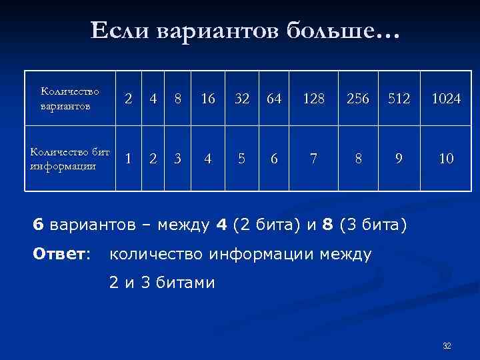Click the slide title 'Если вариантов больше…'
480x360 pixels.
click(x=243, y=30)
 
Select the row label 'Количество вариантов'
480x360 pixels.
click(x=69, y=98)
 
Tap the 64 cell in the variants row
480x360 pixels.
click(x=274, y=99)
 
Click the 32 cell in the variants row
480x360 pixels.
click(x=243, y=99)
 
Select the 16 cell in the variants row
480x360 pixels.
click(x=208, y=99)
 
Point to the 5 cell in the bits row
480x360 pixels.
click(x=243, y=159)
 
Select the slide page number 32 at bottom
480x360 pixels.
click(x=447, y=345)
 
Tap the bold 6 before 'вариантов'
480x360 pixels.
click(x=38, y=223)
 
